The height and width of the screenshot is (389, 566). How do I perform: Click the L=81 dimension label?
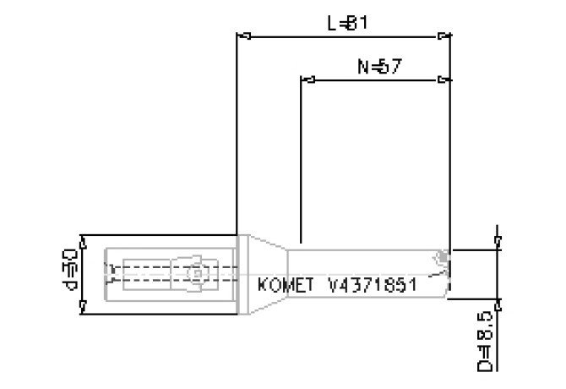346,23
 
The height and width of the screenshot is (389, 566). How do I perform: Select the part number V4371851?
373,284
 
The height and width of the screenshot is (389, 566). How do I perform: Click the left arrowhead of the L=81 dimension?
242,36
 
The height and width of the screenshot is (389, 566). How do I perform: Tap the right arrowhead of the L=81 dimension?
442,36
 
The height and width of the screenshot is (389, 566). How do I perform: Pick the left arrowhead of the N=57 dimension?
307,81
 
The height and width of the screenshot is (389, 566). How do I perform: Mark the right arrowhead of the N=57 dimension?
442,81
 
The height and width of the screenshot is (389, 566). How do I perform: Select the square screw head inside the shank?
195,274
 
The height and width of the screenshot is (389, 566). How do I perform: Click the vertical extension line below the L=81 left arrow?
235,135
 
